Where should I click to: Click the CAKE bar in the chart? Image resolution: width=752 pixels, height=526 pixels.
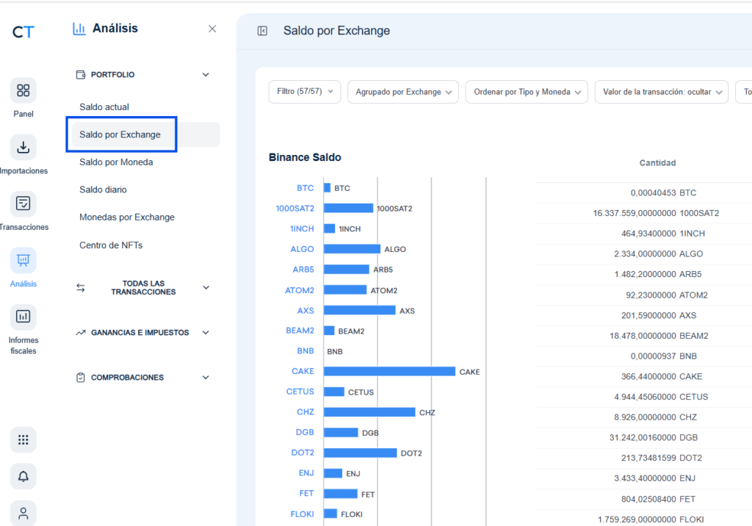pyautogui.click(x=389, y=372)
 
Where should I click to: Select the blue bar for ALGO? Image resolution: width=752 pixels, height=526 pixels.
pyautogui.click(x=352, y=249)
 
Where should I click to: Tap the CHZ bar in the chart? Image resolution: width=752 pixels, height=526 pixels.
pyautogui.click(x=369, y=412)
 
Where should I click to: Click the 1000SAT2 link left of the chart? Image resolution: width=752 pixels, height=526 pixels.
pyautogui.click(x=295, y=209)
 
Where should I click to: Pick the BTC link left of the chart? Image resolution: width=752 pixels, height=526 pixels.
pyautogui.click(x=305, y=188)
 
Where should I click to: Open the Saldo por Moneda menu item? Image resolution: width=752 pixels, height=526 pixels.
pyautogui.click(x=116, y=162)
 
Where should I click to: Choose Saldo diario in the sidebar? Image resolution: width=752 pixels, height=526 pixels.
pyautogui.click(x=103, y=190)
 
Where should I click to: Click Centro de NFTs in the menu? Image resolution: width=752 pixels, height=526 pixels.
pyautogui.click(x=111, y=245)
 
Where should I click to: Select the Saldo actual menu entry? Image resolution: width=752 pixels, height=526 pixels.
pyautogui.click(x=104, y=107)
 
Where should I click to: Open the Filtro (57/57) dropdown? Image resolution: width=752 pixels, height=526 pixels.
pyautogui.click(x=305, y=92)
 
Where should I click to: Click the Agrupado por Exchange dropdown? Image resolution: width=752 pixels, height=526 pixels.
pyautogui.click(x=403, y=92)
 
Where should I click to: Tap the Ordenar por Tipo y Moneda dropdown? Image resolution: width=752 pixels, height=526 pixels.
pyautogui.click(x=527, y=92)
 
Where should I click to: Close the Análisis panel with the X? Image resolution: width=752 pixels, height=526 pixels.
pyautogui.click(x=212, y=29)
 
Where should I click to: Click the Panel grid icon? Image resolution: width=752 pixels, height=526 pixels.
pyautogui.click(x=23, y=90)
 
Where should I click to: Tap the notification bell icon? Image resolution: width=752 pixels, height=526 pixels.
pyautogui.click(x=23, y=477)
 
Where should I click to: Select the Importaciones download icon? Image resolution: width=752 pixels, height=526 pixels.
pyautogui.click(x=23, y=147)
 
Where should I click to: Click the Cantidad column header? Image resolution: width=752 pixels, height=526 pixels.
pyautogui.click(x=657, y=163)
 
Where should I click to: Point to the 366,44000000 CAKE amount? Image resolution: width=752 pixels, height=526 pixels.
pyautogui.click(x=662, y=377)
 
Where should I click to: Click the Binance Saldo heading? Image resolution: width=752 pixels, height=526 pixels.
pyautogui.click(x=305, y=157)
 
